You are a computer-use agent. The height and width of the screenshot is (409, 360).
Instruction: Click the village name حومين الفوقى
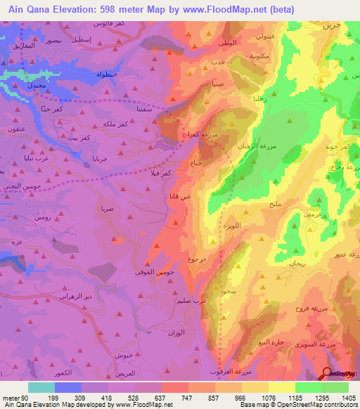coord(148,271)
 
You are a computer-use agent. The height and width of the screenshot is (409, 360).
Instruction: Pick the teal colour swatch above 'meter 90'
coord(41,387)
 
